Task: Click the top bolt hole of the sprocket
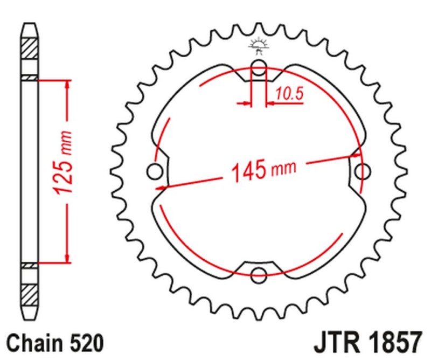click(x=259, y=68)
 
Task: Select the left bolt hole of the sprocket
click(x=155, y=171)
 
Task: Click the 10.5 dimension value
click(x=289, y=94)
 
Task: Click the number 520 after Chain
click(x=85, y=342)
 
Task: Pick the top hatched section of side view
click(x=30, y=52)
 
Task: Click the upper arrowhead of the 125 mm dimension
click(x=67, y=85)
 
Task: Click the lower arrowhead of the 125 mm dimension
click(x=67, y=258)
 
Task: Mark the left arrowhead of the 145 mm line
click(x=161, y=187)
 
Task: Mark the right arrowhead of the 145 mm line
click(x=356, y=157)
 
